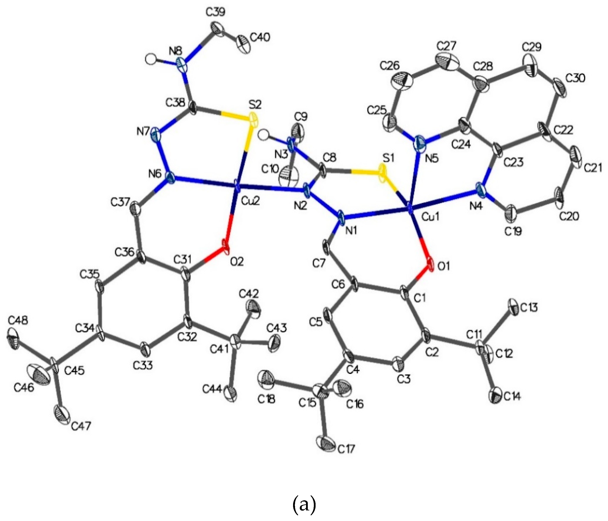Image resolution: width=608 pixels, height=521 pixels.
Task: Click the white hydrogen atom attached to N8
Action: coord(150,59)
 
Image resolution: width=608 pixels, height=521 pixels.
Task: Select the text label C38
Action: coord(175,103)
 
